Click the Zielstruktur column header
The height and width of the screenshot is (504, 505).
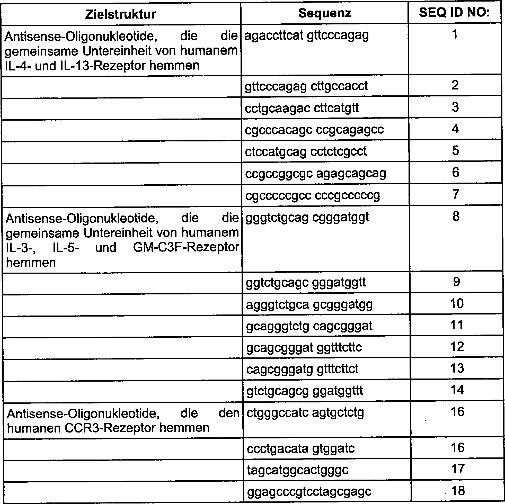[x=120, y=14]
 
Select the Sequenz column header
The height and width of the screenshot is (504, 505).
[x=325, y=13]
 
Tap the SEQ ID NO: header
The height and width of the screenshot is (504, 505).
[x=454, y=12]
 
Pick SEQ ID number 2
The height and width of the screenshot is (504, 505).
[x=455, y=85]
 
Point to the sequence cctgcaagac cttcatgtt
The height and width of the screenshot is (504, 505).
[x=302, y=108]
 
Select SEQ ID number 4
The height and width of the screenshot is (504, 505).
[x=455, y=129]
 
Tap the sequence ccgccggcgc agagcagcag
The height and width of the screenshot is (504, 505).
[x=315, y=173]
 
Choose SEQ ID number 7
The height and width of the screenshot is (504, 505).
[x=455, y=194]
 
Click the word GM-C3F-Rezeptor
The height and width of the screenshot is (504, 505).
[x=186, y=247]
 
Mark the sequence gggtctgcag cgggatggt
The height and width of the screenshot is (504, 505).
[x=307, y=217]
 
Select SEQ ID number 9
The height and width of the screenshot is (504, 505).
[x=456, y=282]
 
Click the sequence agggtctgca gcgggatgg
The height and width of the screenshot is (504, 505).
[x=309, y=304]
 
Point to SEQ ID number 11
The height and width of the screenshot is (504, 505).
[x=457, y=325]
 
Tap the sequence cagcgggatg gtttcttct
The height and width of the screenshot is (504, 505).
[x=302, y=369]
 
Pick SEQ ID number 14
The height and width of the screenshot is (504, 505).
[x=457, y=390]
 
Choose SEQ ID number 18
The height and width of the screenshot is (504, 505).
[x=458, y=491]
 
